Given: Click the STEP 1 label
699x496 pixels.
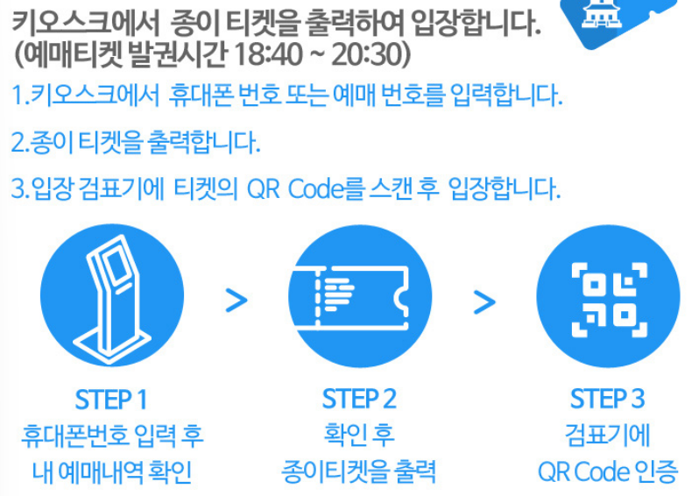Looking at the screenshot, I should tap(110, 400).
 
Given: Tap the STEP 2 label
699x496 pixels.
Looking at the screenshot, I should tap(359, 400).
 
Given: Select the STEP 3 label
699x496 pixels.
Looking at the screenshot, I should tap(607, 400).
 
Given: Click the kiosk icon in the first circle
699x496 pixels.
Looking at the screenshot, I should tap(110, 299).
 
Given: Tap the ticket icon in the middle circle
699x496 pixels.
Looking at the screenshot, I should tap(359, 299).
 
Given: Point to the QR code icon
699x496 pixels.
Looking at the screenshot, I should tap(607, 299).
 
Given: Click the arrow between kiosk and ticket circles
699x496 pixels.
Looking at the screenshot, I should tap(237, 300).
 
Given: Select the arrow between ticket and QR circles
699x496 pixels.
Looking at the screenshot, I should tap(484, 300).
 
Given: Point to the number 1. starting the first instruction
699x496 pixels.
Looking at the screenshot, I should tap(18, 95).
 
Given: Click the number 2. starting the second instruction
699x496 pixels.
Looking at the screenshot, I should tap(19, 141).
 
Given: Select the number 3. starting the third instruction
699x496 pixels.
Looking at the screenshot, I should tap(19, 187).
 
